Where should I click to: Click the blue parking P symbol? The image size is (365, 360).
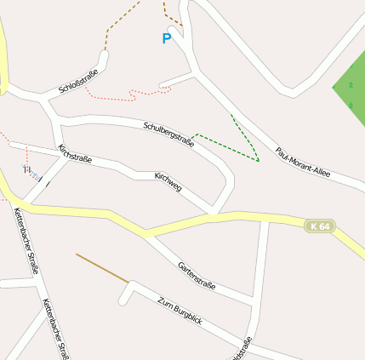(167, 38)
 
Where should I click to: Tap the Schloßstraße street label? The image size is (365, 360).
(79, 77)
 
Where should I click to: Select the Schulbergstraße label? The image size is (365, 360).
(169, 134)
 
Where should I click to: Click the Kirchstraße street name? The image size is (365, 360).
(74, 153)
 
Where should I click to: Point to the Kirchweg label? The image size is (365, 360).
(168, 180)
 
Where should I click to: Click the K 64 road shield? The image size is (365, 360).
(320, 226)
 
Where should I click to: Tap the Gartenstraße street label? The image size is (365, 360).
(197, 276)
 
